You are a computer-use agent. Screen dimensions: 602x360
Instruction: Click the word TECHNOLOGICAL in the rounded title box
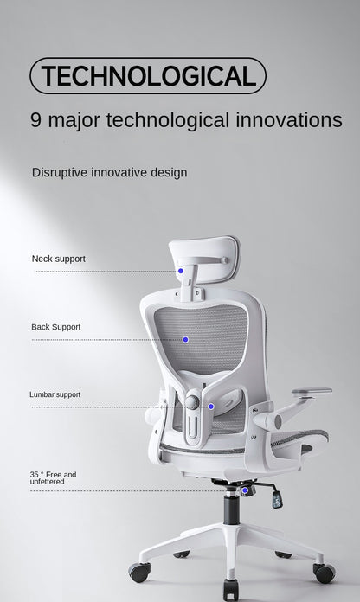coord(148,76)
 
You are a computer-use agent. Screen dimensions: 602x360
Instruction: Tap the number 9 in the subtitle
coord(36,120)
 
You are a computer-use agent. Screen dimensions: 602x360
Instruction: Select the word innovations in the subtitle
coord(289,120)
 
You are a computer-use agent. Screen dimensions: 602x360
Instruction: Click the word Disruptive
coord(61,172)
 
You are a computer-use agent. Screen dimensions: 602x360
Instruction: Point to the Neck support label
coord(59,259)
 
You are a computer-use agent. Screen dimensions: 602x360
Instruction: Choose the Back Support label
coord(56,327)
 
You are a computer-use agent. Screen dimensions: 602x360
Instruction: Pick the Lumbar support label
coord(55,394)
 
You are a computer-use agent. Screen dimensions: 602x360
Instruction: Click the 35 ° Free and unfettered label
coord(53,477)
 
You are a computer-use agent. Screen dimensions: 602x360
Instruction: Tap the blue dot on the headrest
coord(181,271)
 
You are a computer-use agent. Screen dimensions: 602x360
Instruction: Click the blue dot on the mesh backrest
coord(184,338)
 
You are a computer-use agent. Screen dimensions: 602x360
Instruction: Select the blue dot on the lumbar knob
coord(210,406)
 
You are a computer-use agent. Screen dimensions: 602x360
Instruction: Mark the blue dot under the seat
coord(245,490)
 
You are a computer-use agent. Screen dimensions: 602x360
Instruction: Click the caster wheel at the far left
coord(138,572)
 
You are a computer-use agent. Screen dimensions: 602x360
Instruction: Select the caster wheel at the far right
coord(325,573)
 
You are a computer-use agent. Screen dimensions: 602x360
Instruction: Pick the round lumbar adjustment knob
coord(192,402)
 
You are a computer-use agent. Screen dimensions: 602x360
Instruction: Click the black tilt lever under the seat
coord(275,496)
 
